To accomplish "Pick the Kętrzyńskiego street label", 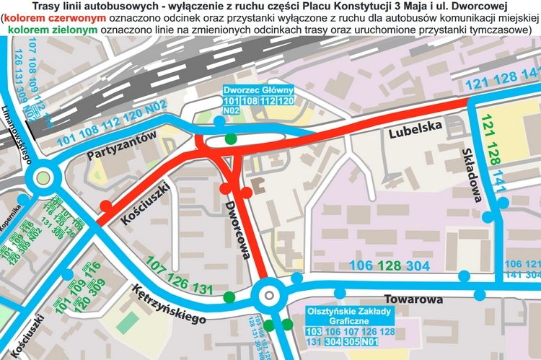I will [x=170, y=304].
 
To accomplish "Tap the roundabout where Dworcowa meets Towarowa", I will [x=268, y=294].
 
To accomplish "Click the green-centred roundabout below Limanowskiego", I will [x=42, y=175].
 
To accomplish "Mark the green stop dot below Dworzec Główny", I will [x=231, y=139].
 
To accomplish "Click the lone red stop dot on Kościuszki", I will [x=106, y=206].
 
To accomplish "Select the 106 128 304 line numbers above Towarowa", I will [x=390, y=265].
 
